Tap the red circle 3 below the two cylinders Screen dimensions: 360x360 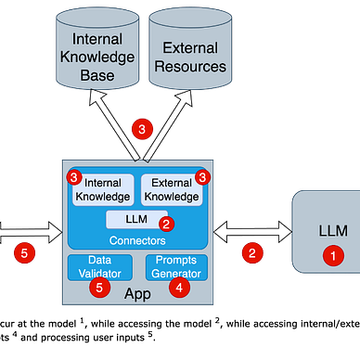pyautogui.click(x=141, y=131)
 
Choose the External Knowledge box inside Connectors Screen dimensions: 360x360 pyautogui.click(x=171, y=189)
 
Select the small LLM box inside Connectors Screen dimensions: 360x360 pyautogui.click(x=135, y=219)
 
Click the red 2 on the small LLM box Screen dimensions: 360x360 pyautogui.click(x=166, y=224)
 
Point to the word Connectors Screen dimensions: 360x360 pyautogui.click(x=137, y=240)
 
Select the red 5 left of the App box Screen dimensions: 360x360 pyautogui.click(x=27, y=251)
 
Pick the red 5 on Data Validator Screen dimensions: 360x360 pyautogui.click(x=100, y=287)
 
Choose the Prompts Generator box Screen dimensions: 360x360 pyautogui.click(x=176, y=266)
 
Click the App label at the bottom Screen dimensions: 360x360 pyautogui.click(x=137, y=294)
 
